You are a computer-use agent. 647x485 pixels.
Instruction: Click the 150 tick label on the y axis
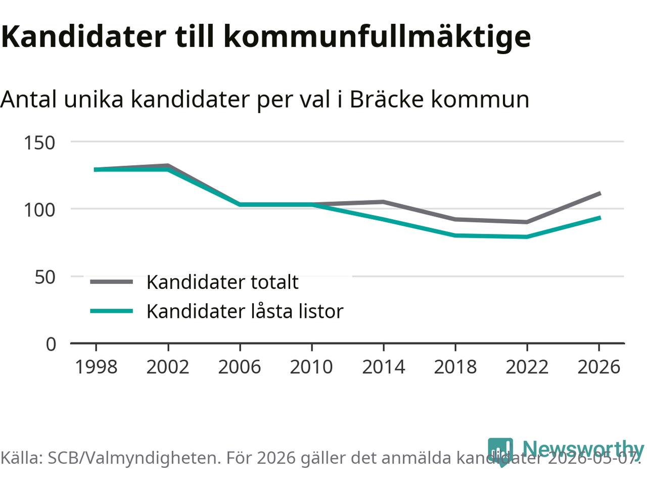click(39, 143)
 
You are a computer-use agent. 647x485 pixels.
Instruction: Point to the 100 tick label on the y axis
click(39, 210)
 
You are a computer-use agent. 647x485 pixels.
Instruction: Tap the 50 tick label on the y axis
click(45, 277)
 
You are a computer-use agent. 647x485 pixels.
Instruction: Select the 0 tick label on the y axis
click(51, 344)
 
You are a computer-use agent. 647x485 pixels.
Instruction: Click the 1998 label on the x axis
click(97, 367)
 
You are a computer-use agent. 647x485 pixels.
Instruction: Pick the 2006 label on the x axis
click(240, 367)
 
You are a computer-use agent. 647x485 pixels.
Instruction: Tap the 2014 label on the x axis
click(384, 367)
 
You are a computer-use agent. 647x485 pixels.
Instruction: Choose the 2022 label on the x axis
click(527, 367)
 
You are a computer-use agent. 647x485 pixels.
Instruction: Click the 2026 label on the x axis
click(599, 367)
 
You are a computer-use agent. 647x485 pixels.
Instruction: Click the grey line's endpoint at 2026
click(600, 193)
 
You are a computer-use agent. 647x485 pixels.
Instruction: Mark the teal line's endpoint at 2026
click(600, 218)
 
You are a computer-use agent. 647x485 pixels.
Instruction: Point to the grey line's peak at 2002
click(168, 166)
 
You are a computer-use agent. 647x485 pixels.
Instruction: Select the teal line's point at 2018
click(455, 235)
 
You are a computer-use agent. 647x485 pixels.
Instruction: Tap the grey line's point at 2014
click(384, 202)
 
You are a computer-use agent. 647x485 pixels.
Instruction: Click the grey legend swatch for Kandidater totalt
click(111, 282)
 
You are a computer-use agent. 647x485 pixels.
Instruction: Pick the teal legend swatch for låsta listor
click(111, 311)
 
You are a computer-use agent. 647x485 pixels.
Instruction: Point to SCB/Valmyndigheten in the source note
click(134, 458)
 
